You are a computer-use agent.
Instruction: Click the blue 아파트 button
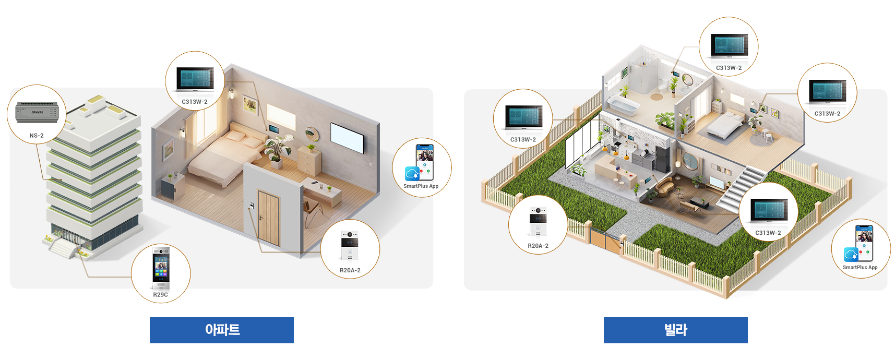pyautogui.click(x=222, y=330)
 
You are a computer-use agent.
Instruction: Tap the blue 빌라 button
pyautogui.click(x=675, y=330)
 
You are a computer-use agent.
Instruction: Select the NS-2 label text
pyautogui.click(x=37, y=136)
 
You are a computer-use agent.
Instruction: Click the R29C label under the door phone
pyautogui.click(x=161, y=295)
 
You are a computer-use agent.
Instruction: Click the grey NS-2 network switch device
pyautogui.click(x=37, y=112)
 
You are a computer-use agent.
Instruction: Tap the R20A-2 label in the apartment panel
pyautogui.click(x=350, y=270)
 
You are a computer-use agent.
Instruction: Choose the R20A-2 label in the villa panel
pyautogui.click(x=538, y=246)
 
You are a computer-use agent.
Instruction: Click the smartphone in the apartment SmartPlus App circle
pyautogui.click(x=425, y=162)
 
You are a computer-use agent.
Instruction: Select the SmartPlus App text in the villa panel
pyautogui.click(x=860, y=267)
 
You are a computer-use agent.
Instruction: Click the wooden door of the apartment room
pyautogui.click(x=269, y=219)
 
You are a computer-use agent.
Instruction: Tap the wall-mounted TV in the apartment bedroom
pyautogui.click(x=347, y=138)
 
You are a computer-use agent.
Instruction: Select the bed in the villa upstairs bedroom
pyautogui.click(x=723, y=125)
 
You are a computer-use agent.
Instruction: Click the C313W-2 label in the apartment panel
pyautogui.click(x=195, y=102)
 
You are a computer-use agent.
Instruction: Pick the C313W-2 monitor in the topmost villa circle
pyautogui.click(x=729, y=46)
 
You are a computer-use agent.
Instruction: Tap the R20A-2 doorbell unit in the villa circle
pyautogui.click(x=538, y=222)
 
